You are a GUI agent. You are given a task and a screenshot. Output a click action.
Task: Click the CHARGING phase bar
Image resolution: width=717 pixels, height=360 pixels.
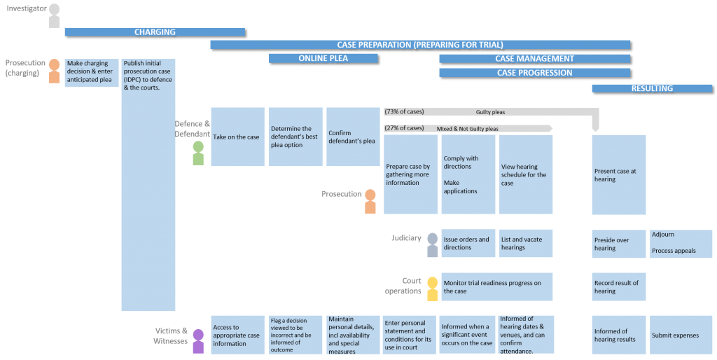point(155,32)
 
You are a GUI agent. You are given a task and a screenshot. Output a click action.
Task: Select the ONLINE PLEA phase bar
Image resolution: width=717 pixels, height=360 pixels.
point(323,58)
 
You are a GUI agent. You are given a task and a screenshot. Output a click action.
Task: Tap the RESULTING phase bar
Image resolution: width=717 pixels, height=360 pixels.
point(652,88)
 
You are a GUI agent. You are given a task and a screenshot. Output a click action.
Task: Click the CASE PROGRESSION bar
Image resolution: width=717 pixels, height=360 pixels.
point(534,72)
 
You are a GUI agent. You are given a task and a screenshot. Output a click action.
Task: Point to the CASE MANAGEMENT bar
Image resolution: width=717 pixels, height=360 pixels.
point(534,58)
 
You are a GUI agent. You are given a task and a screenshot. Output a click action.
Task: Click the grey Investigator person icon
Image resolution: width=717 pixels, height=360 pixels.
point(54,15)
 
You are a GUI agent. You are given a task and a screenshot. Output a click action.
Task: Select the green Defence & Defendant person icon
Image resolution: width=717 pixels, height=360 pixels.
point(198,153)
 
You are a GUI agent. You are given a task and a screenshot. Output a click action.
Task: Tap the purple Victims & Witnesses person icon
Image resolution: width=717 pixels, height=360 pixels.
point(198,340)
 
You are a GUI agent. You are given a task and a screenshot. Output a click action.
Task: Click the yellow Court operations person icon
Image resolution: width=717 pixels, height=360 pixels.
point(432,289)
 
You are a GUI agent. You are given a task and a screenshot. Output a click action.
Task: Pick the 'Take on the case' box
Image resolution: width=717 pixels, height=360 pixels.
point(237,137)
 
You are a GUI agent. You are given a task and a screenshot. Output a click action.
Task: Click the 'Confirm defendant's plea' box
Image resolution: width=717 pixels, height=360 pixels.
point(353,137)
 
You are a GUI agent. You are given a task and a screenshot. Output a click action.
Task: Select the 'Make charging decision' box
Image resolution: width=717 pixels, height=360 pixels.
point(92,71)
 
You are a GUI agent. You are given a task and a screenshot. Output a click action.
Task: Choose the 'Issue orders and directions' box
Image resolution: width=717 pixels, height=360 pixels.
point(468,243)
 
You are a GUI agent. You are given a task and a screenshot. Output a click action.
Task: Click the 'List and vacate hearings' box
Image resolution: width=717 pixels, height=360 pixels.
point(526,243)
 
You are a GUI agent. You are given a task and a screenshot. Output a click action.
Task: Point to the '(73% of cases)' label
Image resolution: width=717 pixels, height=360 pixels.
point(404,111)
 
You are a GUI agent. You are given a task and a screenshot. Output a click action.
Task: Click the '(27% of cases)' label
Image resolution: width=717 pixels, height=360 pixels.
point(404,128)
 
